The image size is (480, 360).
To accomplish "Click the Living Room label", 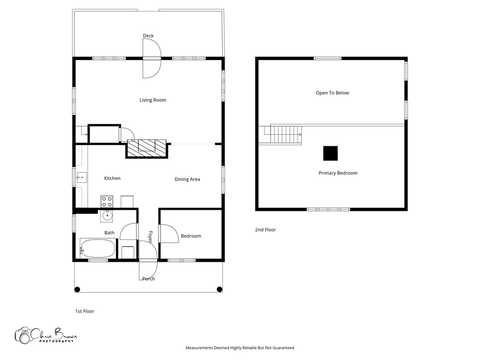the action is point(153,100).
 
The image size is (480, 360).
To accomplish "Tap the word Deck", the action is point(148,36).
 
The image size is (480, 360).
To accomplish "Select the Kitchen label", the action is point(112,178).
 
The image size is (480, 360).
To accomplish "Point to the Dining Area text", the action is point(187,179).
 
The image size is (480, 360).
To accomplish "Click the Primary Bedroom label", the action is point(338,173).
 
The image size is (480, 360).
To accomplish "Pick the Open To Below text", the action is point(332,93).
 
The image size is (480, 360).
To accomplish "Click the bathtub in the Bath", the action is point(98,248).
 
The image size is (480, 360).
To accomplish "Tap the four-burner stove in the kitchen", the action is point(107,201).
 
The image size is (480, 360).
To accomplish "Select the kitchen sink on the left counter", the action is point(82,178).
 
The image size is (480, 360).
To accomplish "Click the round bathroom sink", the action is point(107,216).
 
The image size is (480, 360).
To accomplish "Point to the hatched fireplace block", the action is point(147,149).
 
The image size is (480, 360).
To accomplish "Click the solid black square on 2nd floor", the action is point(331,153).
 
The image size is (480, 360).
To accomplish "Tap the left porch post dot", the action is point(78,289).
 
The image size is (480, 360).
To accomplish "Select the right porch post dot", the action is point(219,289).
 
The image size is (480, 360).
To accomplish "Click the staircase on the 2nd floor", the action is point(286,135).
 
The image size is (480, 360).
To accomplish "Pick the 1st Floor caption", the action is point(85,311).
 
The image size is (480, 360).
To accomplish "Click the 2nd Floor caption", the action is point(265,230).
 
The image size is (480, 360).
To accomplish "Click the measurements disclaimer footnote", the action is point(239,348).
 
